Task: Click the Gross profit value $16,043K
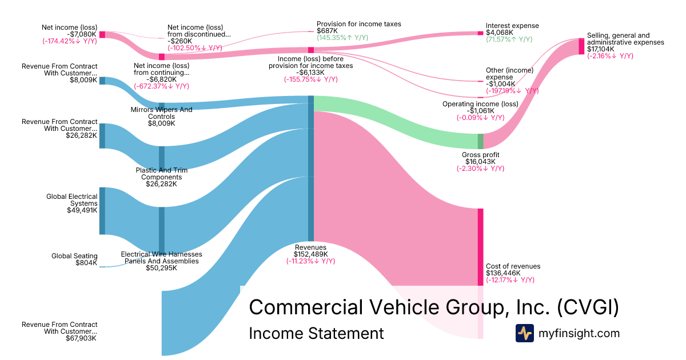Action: click(480, 162)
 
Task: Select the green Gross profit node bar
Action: click(480, 141)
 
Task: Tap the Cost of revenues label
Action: click(513, 266)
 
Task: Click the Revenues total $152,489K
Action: click(310, 254)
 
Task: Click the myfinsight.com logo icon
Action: click(525, 333)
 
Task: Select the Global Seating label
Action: click(74, 256)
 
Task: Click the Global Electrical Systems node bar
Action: click(102, 210)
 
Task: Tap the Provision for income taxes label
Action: click(358, 24)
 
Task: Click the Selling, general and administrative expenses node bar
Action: click(581, 46)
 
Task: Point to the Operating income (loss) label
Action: click(480, 104)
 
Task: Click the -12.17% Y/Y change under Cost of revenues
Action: click(510, 280)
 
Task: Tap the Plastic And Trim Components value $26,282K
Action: click(161, 184)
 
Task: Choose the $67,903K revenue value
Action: click(81, 338)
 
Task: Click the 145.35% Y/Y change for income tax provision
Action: click(342, 38)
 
